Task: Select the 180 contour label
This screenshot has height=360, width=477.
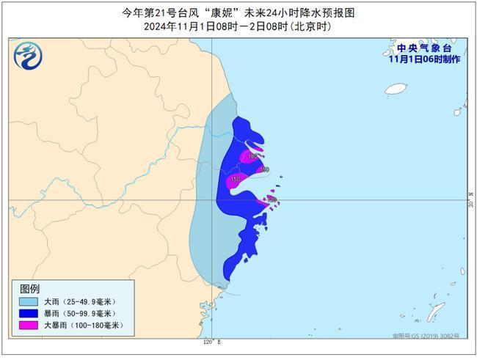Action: pos(252,157)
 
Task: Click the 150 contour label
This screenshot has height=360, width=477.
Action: pos(235,179)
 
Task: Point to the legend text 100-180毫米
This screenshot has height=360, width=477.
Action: pos(98,325)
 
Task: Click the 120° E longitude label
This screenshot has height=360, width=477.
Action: pos(211,342)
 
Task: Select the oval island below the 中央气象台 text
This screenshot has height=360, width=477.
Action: pos(396,89)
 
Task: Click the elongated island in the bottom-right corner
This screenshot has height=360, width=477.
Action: pos(436,311)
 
